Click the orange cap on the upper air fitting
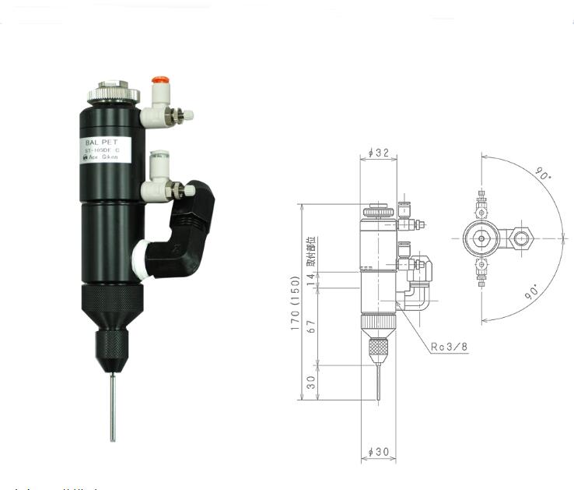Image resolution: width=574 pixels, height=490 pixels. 160,80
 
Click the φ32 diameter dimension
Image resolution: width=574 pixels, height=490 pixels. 378,153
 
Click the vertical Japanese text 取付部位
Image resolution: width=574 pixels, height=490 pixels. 311,252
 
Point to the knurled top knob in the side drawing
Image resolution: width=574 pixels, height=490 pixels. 378,211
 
